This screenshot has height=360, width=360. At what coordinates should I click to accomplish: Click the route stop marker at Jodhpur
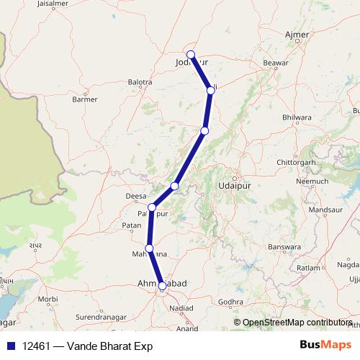pyautogui.click(x=191, y=55)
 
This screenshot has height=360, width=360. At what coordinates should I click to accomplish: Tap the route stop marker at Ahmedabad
pyautogui.click(x=163, y=286)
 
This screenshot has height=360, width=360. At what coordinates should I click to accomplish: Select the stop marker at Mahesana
pyautogui.click(x=149, y=248)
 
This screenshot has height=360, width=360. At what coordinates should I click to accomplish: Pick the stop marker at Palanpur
pyautogui.click(x=152, y=207)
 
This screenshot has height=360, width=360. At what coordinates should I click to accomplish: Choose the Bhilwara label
pyautogui.click(x=297, y=116)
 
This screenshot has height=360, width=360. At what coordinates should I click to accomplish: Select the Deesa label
pyautogui.click(x=137, y=195)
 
